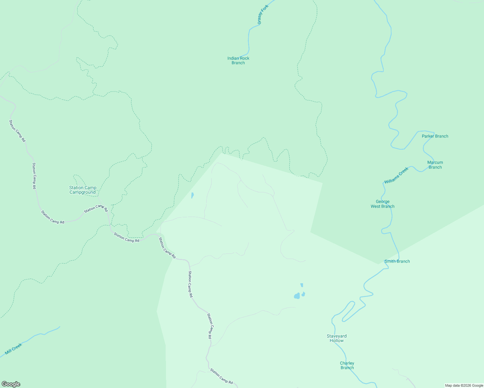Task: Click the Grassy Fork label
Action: (263, 15)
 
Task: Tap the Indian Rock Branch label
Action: (238, 60)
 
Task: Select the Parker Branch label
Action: (435, 136)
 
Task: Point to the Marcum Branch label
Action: (435, 165)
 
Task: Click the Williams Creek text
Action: (396, 176)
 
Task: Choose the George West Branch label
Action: (382, 204)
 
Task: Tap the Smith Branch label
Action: (397, 261)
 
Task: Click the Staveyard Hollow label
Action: (336, 338)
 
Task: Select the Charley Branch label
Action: (347, 365)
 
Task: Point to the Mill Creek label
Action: (14, 349)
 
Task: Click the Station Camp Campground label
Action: (82, 190)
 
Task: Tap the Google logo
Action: (11, 384)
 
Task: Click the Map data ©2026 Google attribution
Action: (464, 385)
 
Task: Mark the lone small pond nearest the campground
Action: (192, 195)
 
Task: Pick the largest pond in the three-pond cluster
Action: (297, 296)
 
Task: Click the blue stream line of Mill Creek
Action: (42, 334)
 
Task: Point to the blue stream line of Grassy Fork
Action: (249, 39)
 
